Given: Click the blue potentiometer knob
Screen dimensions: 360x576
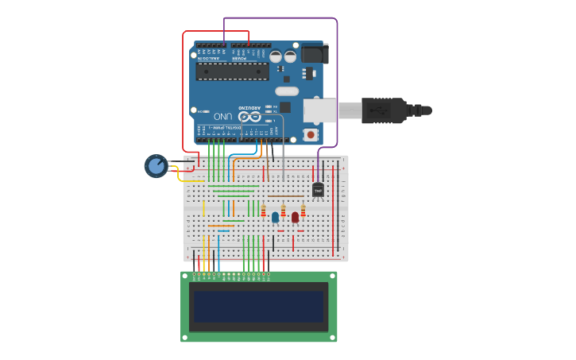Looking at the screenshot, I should (156, 166).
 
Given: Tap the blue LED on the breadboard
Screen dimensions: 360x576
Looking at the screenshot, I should (275, 216).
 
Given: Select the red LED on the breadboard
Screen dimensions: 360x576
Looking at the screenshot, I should (295, 216).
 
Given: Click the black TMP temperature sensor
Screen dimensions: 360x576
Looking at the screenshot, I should (318, 190).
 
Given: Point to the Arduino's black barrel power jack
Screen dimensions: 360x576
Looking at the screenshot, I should (315, 53).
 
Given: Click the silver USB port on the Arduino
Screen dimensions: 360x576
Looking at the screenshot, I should (320, 110).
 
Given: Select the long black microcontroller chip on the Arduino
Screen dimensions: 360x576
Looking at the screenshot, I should (232, 72).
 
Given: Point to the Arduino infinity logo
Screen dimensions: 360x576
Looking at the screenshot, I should (249, 117).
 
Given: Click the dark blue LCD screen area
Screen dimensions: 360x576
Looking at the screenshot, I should (259, 306).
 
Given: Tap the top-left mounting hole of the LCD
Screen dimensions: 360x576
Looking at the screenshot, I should (185, 276).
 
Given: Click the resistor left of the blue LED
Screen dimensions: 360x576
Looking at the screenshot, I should (264, 211).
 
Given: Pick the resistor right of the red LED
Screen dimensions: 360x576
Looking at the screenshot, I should (303, 211).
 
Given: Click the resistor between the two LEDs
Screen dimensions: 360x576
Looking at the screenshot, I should (283, 211).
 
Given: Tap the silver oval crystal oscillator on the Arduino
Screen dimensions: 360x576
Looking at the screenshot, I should (287, 91).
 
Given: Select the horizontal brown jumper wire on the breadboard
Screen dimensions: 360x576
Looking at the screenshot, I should (286, 195).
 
